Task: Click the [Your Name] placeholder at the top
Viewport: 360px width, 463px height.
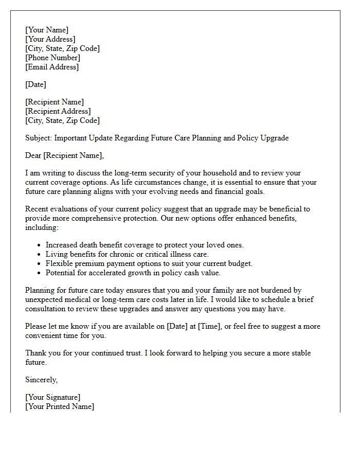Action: [47, 30]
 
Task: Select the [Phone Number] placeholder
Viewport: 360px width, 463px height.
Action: [52, 58]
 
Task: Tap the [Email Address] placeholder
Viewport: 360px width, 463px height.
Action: [52, 67]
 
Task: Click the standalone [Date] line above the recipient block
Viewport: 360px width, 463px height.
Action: [35, 84]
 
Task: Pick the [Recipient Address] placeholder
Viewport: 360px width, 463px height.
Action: [58, 111]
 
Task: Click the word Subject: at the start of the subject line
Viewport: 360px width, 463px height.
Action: [39, 138]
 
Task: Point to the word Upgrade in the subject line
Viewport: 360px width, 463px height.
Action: [274, 138]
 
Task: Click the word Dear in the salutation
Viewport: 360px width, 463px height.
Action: [33, 155]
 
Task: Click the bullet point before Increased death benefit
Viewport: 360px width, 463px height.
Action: [39, 245]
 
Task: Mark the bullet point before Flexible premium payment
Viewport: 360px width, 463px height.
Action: [39, 264]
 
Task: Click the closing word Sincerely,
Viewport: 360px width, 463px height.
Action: [42, 380]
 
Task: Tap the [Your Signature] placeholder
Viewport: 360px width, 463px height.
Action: [52, 397]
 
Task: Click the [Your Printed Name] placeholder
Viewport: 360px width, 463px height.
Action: [60, 406]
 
